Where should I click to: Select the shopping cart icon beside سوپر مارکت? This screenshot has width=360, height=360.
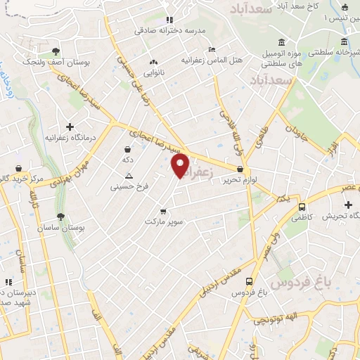tap(163, 210)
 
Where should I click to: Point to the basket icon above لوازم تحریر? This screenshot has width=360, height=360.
tap(241, 169)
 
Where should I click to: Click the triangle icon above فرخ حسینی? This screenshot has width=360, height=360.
tap(128, 176)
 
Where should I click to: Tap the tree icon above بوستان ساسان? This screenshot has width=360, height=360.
tap(61, 217)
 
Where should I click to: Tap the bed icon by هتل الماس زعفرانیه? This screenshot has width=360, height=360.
tap(212, 49)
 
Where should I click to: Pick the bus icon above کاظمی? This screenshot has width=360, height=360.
tap(302, 207)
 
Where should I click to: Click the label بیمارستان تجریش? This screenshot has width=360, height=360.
tap(341, 216)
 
